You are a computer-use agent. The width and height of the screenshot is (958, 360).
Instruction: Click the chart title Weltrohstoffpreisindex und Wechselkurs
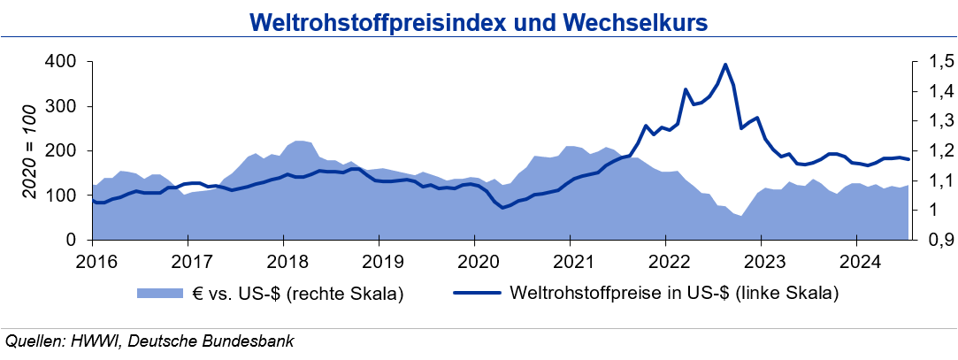click(x=479, y=21)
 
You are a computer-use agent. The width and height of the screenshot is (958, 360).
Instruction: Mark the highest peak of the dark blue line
click(x=725, y=65)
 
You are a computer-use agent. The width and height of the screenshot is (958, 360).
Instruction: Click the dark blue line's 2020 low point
click(x=502, y=208)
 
